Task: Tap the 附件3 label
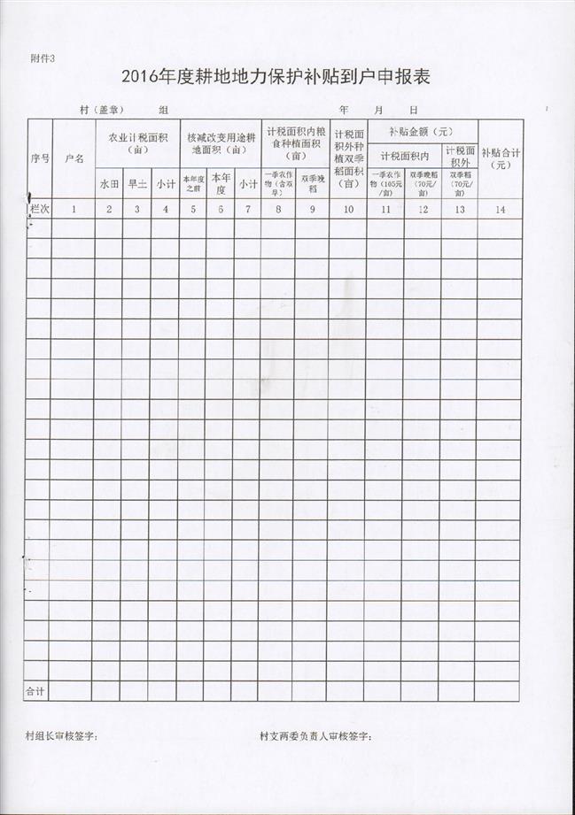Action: tap(42, 58)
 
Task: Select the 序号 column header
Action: tap(38, 158)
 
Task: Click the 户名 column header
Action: tap(74, 159)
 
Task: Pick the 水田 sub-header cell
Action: tap(108, 185)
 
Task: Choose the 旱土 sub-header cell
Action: tap(136, 185)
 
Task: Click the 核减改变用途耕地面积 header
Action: tap(220, 143)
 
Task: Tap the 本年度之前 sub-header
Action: tap(192, 184)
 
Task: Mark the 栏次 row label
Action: tap(39, 209)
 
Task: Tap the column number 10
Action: tap(347, 209)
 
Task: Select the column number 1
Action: tap(74, 209)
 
